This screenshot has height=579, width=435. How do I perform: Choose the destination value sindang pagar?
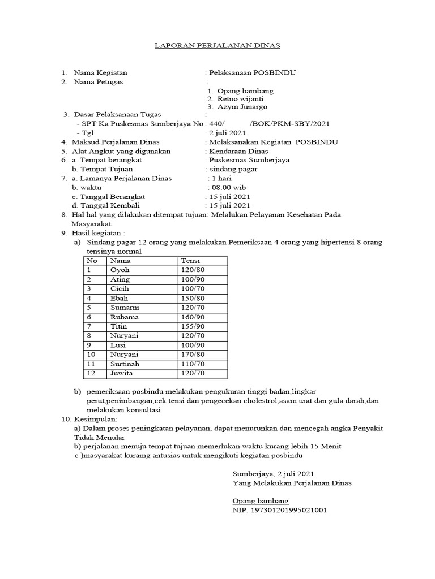point(233,169)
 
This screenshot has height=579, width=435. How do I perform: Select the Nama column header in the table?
point(120,261)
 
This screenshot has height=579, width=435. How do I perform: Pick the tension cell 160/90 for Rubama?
point(193,317)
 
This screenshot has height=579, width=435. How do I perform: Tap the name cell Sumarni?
point(125,308)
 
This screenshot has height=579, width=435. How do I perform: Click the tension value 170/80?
point(193,355)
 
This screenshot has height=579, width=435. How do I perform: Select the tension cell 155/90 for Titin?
point(193,326)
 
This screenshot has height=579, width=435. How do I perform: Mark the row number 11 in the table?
point(91,364)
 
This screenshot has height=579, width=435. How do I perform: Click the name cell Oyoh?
point(120,270)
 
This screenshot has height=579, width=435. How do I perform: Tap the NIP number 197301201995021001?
point(279,510)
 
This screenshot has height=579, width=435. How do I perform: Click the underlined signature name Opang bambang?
point(261,501)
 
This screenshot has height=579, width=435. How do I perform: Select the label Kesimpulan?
point(94,419)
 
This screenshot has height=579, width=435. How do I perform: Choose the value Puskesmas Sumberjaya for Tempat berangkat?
point(249,160)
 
